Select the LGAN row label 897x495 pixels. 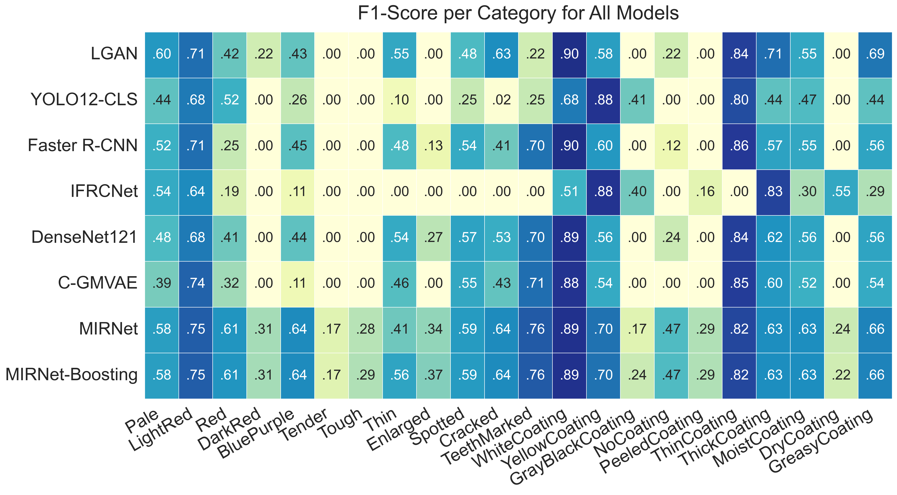point(114,54)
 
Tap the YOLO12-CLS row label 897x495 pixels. point(84,100)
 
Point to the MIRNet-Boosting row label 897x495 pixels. point(72,375)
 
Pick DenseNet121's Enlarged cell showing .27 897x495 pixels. point(433,237)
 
